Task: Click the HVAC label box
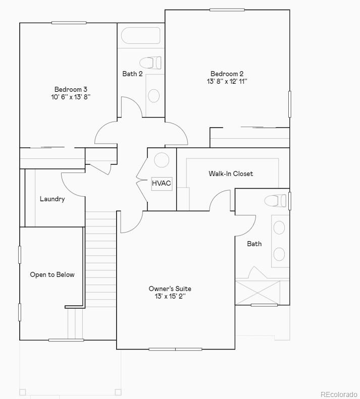coord(162,183)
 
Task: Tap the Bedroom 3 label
coord(71,89)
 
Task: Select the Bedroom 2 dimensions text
coord(227,81)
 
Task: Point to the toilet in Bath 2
coord(150,63)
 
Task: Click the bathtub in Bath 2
coord(141,35)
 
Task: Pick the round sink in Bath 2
coord(153,95)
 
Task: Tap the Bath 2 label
coord(132,74)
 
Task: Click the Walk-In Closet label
coord(231,174)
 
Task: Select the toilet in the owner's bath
coord(275,200)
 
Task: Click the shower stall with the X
coord(258,292)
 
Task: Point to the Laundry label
coord(53,199)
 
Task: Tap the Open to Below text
coord(52,274)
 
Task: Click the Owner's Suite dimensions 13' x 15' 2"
coord(170,296)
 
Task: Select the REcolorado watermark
coord(338,394)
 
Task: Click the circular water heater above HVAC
coord(161,160)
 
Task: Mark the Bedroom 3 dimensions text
coord(71,97)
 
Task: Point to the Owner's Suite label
coord(170,289)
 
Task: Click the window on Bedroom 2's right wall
coord(290,104)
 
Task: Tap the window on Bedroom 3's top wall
coord(69,22)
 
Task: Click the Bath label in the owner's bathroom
coord(254,244)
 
